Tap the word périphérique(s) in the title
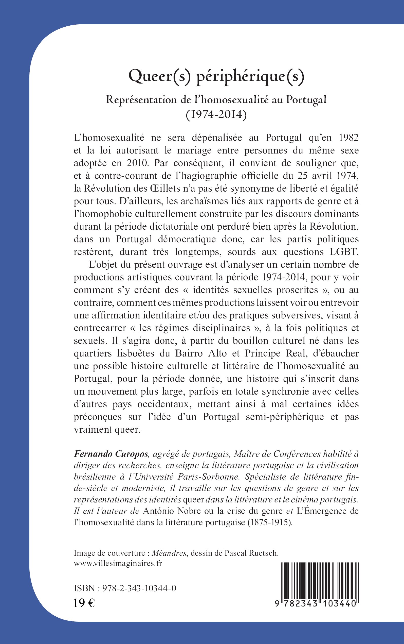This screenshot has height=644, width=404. [250, 78]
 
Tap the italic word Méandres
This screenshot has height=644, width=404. [169, 553]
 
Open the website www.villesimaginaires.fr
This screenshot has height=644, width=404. [118, 564]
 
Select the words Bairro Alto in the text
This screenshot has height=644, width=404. [201, 353]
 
